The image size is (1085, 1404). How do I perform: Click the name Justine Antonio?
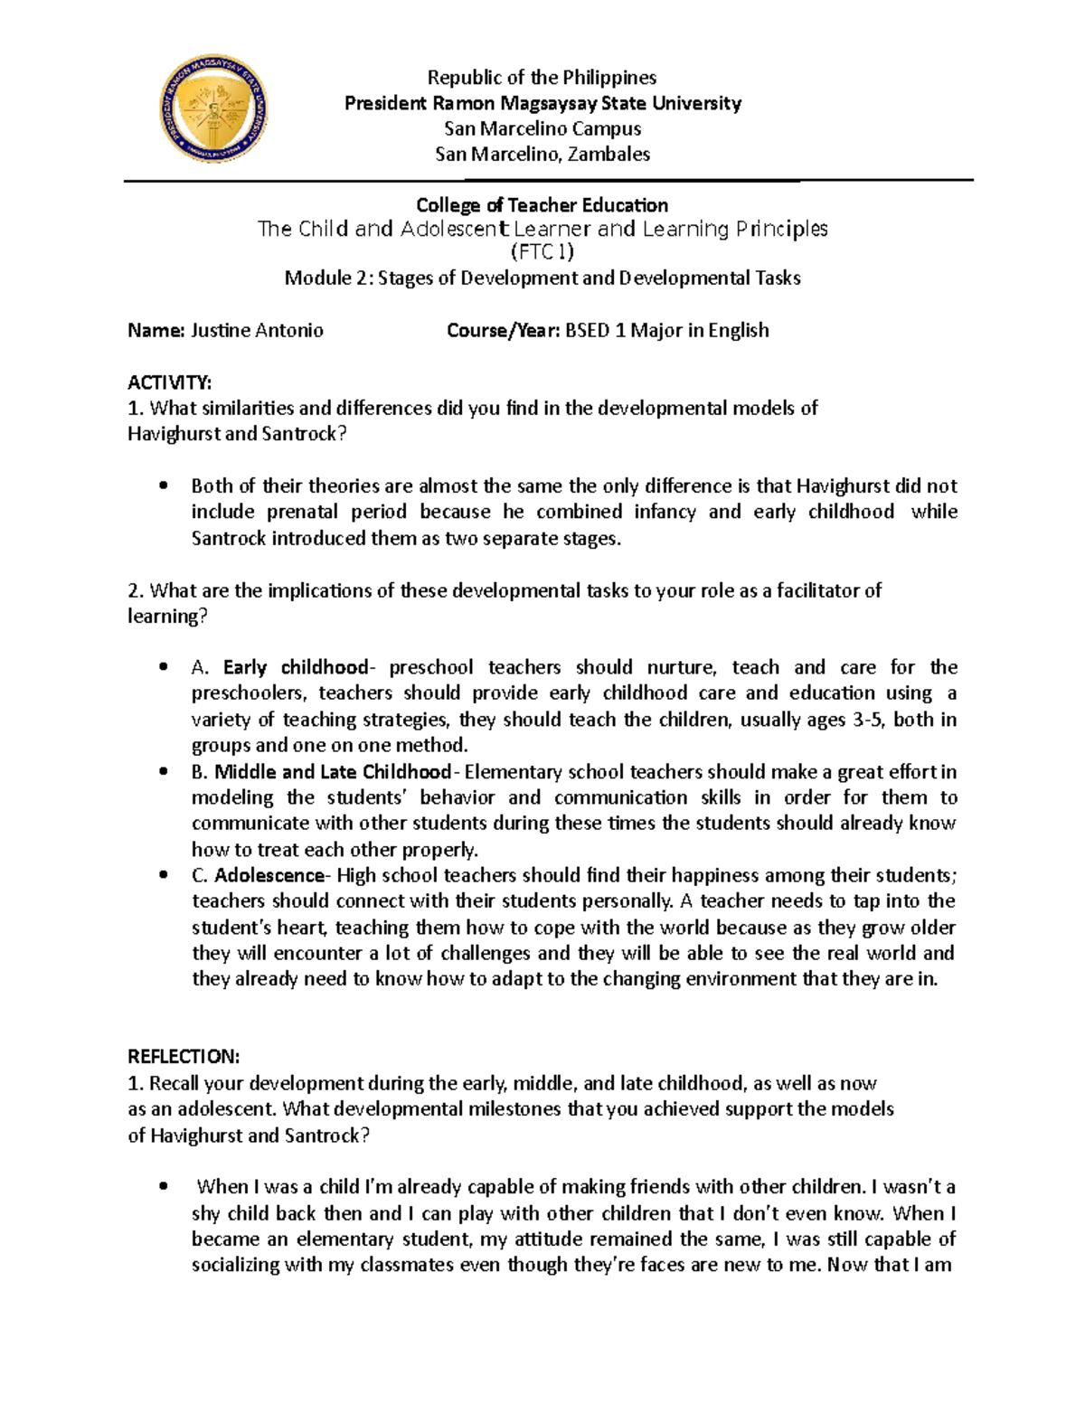[256, 331]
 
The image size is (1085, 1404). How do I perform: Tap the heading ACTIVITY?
[169, 382]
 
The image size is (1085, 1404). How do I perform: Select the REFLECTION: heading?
[184, 1057]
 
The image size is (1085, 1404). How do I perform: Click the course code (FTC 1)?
[542, 252]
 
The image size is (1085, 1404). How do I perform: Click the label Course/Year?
[504, 331]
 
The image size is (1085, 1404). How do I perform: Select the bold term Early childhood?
[295, 668]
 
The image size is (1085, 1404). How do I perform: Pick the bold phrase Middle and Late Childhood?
[332, 772]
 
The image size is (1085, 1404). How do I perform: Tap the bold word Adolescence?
[269, 876]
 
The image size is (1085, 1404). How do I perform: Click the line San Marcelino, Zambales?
[542, 155]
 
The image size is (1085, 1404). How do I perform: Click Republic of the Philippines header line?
[542, 78]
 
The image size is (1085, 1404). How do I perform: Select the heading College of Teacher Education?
[542, 206]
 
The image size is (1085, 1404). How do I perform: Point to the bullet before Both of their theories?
[163, 486]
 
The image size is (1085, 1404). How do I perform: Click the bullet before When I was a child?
[163, 1187]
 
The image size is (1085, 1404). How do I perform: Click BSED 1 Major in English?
[667, 331]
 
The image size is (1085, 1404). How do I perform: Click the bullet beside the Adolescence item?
[163, 876]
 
